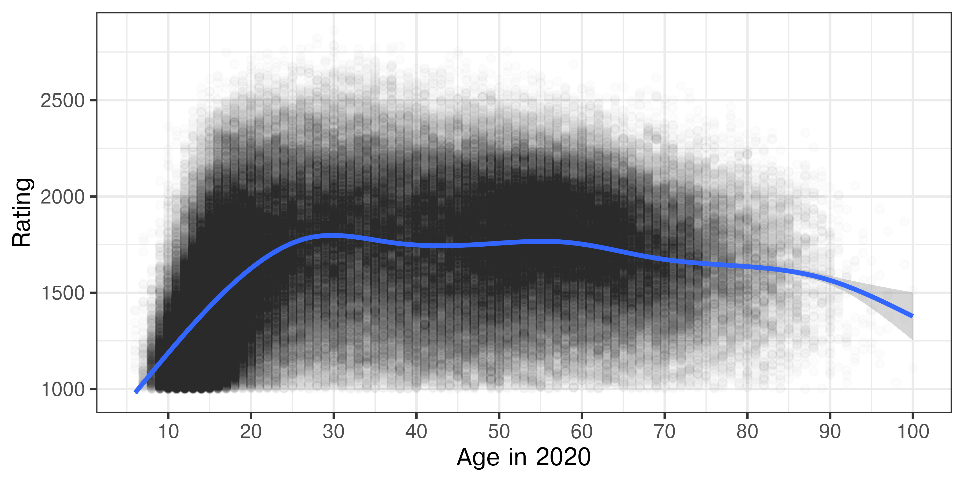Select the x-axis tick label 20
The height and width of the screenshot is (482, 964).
click(251, 432)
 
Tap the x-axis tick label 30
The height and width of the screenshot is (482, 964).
click(333, 432)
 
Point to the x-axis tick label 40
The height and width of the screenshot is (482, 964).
click(416, 432)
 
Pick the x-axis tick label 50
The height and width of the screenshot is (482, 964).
click(499, 432)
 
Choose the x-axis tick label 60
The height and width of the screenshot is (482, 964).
click(582, 432)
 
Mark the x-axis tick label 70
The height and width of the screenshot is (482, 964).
click(664, 432)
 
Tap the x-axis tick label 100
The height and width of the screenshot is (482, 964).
click(913, 432)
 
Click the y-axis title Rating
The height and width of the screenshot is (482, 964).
click(22, 213)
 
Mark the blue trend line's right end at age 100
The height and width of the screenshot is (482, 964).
click(912, 316)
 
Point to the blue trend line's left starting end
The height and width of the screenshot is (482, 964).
click(136, 391)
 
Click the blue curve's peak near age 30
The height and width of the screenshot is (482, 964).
click(332, 235)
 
